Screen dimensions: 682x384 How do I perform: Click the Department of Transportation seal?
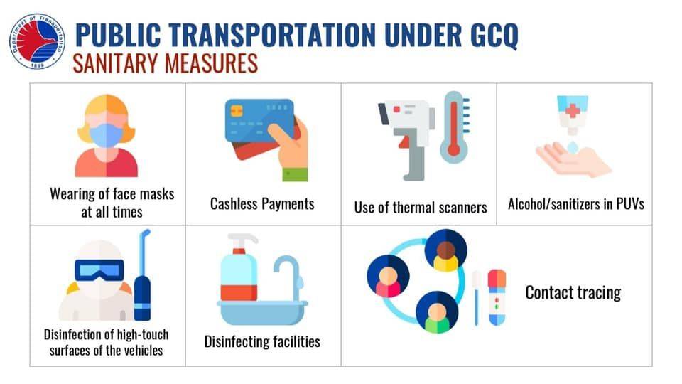[38, 41]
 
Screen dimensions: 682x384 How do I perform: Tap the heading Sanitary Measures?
[166, 63]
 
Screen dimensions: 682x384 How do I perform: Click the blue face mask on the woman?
[107, 135]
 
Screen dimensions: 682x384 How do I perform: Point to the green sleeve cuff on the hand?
[295, 175]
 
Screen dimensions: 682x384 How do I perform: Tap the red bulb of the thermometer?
[454, 150]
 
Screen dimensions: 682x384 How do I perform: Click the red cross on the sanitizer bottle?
[572, 111]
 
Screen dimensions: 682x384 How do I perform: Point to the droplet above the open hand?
[572, 146]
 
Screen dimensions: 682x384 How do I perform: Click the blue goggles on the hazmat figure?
[99, 270]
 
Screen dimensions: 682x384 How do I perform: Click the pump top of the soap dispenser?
[242, 242]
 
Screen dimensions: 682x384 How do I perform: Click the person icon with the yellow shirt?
[445, 251]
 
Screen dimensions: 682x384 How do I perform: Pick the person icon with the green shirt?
[437, 312]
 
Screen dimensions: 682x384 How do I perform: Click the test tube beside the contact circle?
[497, 298]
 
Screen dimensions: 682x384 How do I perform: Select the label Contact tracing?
[573, 292]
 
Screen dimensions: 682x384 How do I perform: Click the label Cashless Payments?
[262, 204]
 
